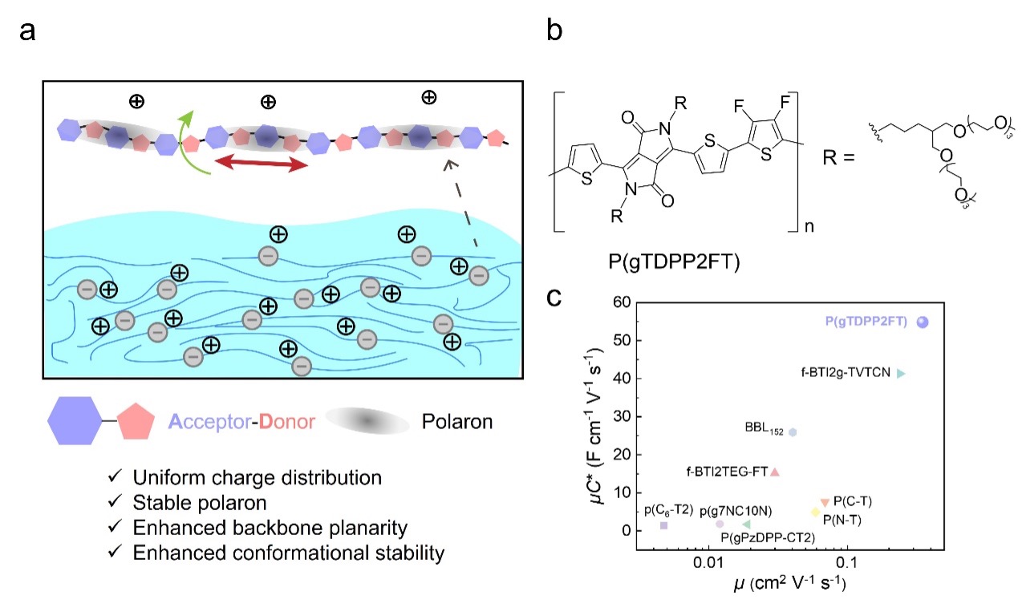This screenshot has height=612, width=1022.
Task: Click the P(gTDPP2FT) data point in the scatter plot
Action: point(922,322)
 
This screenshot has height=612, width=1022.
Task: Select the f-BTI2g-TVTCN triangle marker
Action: point(901,374)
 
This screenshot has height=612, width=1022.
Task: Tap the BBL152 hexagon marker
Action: point(793,432)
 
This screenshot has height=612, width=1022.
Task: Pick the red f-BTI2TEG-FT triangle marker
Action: point(775,472)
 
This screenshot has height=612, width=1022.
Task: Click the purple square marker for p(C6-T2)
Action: point(663,525)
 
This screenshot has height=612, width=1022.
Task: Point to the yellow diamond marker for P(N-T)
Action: point(815,512)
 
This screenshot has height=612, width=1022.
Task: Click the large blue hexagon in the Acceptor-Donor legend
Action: point(74,422)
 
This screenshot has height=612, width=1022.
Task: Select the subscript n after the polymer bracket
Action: point(811,227)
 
